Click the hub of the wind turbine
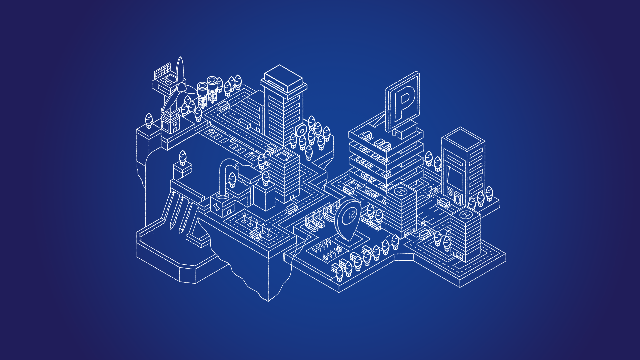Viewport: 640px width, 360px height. click(x=181, y=87)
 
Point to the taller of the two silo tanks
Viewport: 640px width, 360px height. click(x=212, y=89)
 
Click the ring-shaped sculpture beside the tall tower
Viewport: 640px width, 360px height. click(x=302, y=130)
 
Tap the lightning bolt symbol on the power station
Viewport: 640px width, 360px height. click(x=217, y=207)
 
